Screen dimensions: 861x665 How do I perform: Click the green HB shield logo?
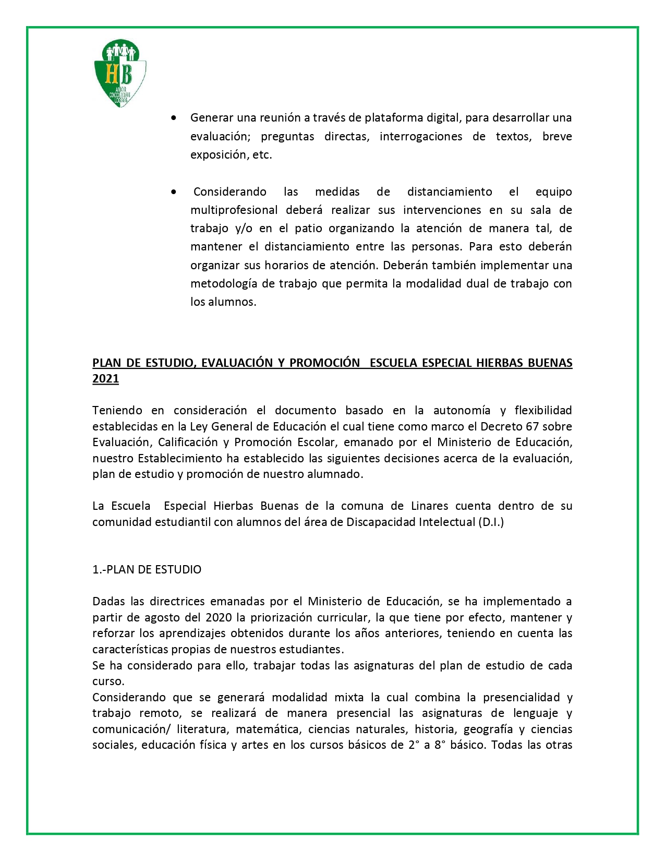(119, 73)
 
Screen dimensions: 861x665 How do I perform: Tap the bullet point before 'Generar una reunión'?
(174, 118)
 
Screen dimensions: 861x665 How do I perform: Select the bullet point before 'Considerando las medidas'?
(174, 192)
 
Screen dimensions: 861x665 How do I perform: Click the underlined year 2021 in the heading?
(105, 379)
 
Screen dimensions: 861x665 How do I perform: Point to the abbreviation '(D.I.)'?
(491, 522)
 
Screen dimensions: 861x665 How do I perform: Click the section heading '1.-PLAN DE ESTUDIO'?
(147, 570)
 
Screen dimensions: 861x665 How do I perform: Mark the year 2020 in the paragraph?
(219, 618)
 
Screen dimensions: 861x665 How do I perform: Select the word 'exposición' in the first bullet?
(215, 155)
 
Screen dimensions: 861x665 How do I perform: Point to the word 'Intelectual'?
(446, 522)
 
